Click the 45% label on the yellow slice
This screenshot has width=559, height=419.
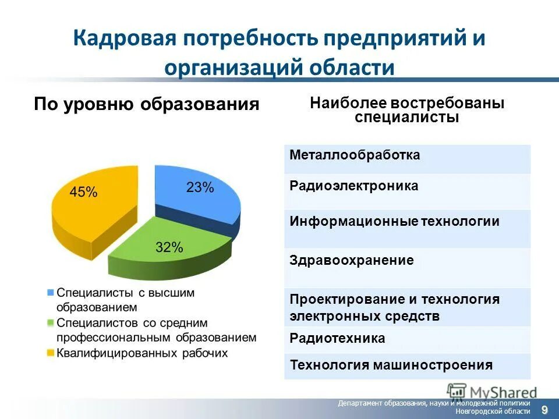[x=83, y=192]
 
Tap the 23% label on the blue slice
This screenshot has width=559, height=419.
[x=200, y=187]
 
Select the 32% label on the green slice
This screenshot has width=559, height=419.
[x=169, y=247]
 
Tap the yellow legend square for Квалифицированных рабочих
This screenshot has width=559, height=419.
[x=51, y=353]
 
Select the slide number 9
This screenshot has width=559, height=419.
[x=544, y=410]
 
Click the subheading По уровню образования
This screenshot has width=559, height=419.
[x=146, y=104]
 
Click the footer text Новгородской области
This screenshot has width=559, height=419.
[x=493, y=411]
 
